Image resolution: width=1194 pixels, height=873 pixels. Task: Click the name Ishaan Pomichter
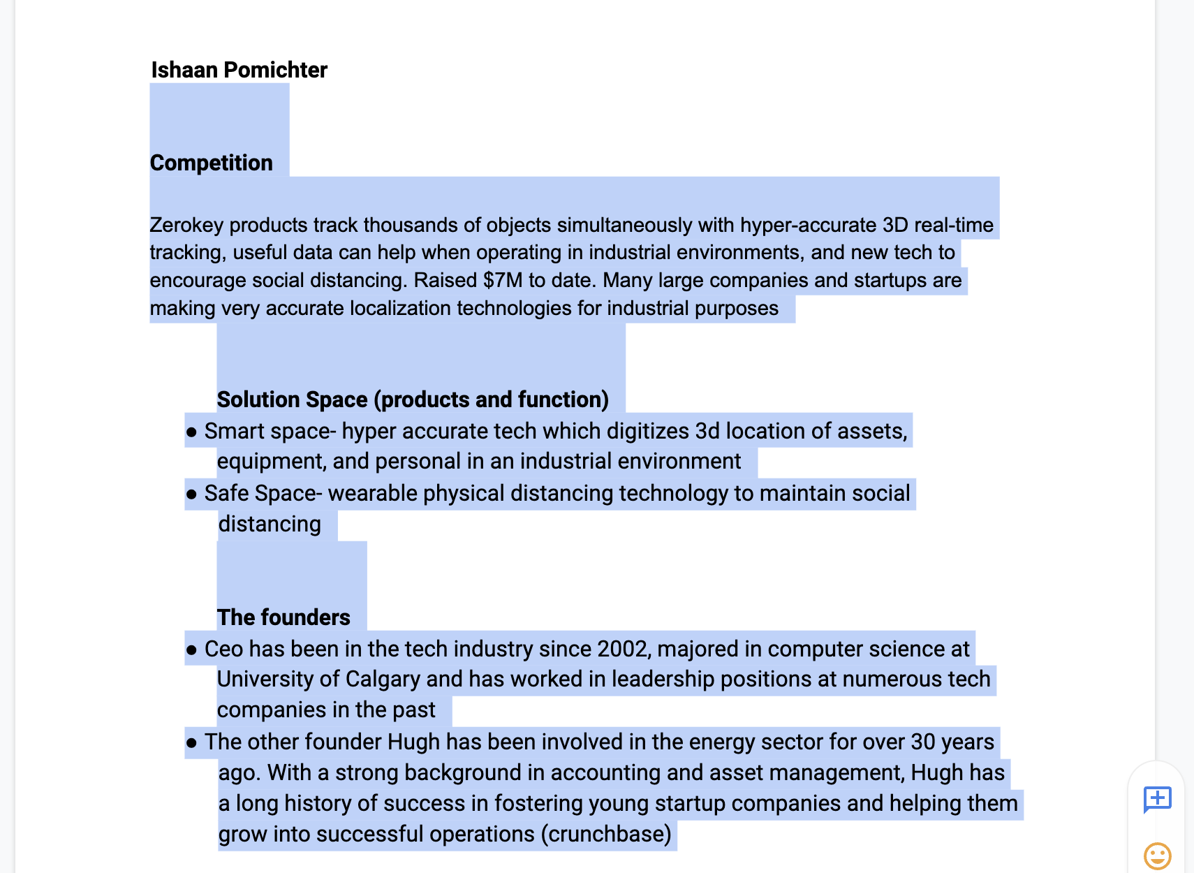pyautogui.click(x=239, y=70)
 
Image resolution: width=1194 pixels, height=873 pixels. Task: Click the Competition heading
pyautogui.click(x=211, y=163)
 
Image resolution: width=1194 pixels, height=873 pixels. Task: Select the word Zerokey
pyautogui.click(x=186, y=225)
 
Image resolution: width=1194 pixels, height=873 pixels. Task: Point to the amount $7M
pyautogui.click(x=503, y=280)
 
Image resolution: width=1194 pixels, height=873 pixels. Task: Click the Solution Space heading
pyautogui.click(x=413, y=399)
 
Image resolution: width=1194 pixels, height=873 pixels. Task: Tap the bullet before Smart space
pyautogui.click(x=191, y=432)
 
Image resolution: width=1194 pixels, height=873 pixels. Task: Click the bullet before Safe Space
pyautogui.click(x=191, y=494)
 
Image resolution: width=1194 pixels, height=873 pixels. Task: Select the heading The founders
pyautogui.click(x=283, y=617)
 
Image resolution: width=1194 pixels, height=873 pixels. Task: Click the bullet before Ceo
pyautogui.click(x=191, y=650)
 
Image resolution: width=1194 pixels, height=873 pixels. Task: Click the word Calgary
pyautogui.click(x=383, y=679)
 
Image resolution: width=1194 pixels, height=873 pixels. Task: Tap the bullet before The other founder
pyautogui.click(x=191, y=743)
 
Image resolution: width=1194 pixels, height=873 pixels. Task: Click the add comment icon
pyautogui.click(x=1157, y=798)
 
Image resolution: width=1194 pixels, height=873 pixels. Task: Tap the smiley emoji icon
pyautogui.click(x=1157, y=856)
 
